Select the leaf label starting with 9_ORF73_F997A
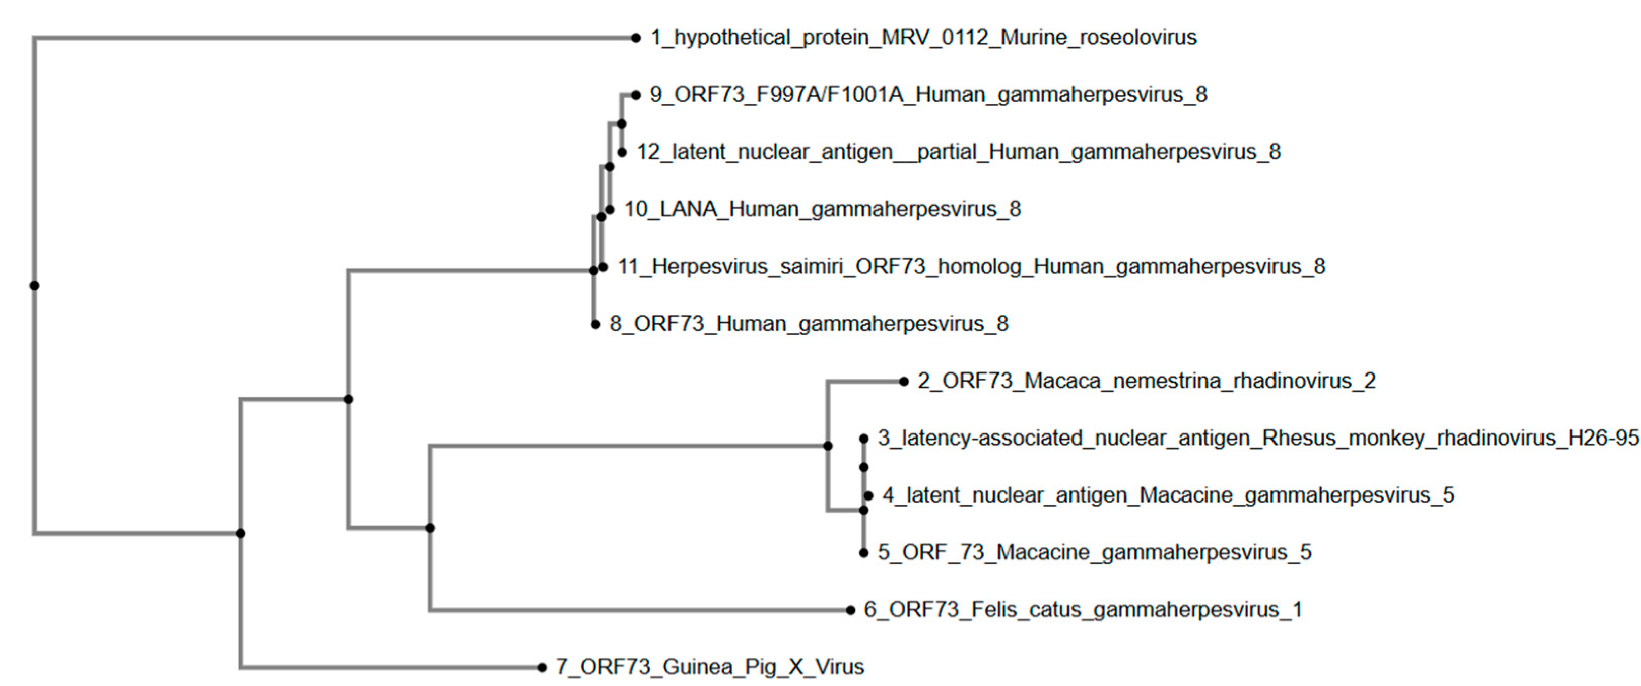pyautogui.click(x=927, y=95)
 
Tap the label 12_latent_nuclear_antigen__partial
pyautogui.click(x=958, y=152)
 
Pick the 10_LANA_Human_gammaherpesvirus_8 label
pyautogui.click(x=822, y=209)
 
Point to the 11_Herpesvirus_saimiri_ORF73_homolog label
pyautogui.click(x=971, y=266)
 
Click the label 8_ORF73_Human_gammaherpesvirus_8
pyautogui.click(x=809, y=323)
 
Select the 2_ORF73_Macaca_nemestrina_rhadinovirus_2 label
pyautogui.click(x=1146, y=381)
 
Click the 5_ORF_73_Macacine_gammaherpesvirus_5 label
pyautogui.click(x=1094, y=552)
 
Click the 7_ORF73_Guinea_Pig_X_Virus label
pyautogui.click(x=709, y=667)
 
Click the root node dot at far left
pyautogui.click(x=35, y=286)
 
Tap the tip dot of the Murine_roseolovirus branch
pyautogui.click(x=635, y=38)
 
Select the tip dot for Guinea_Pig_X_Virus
pyautogui.click(x=542, y=668)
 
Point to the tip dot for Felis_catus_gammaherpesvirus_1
pyautogui.click(x=850, y=610)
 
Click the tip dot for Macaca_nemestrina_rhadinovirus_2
pyautogui.click(x=903, y=381)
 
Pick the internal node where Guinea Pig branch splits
pyautogui.click(x=240, y=533)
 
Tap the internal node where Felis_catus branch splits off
pyautogui.click(x=430, y=528)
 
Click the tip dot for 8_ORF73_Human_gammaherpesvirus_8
pyautogui.click(x=595, y=324)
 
